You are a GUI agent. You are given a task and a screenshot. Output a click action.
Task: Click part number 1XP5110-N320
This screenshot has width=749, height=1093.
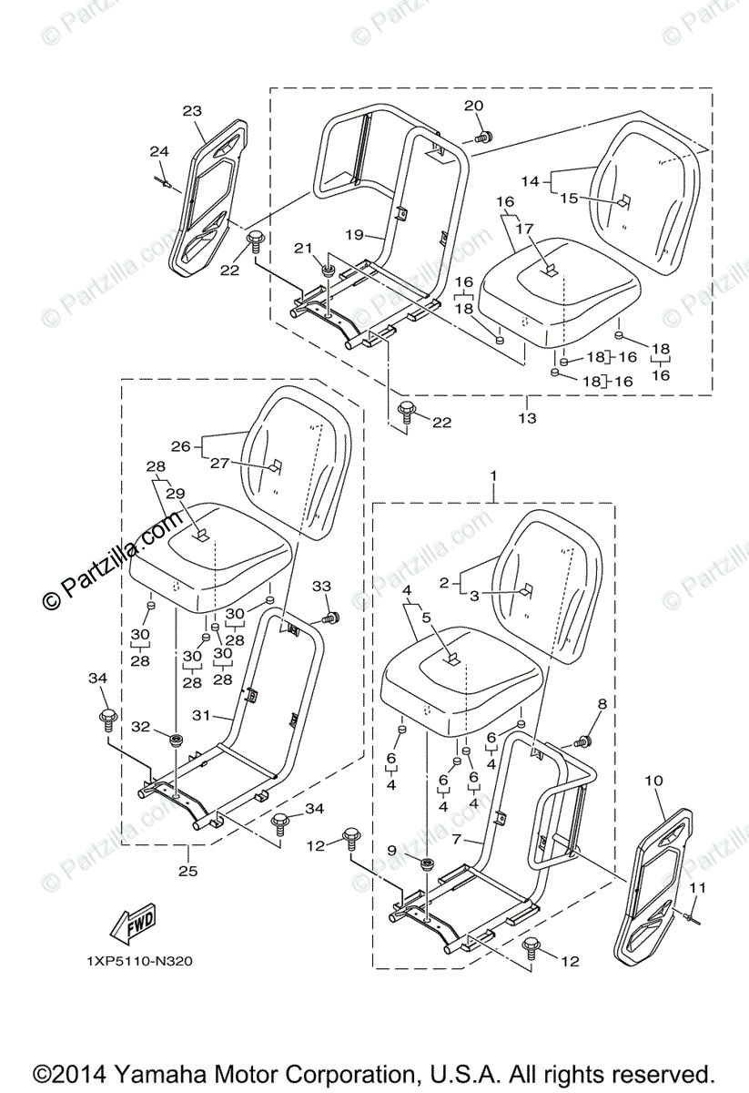coord(140,960)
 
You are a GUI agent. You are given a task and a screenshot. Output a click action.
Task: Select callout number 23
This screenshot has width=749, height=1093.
coord(192,111)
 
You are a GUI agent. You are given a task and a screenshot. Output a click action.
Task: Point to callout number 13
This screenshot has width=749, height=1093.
coord(527,418)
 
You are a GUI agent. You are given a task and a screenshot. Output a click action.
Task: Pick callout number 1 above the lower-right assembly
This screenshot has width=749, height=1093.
coord(493,475)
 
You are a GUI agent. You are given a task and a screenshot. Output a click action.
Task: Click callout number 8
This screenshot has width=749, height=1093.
coord(602,703)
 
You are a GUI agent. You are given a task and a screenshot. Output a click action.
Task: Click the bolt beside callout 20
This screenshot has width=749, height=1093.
coord(484,137)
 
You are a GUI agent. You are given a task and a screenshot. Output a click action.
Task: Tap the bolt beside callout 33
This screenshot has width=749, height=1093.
coord(332,618)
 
